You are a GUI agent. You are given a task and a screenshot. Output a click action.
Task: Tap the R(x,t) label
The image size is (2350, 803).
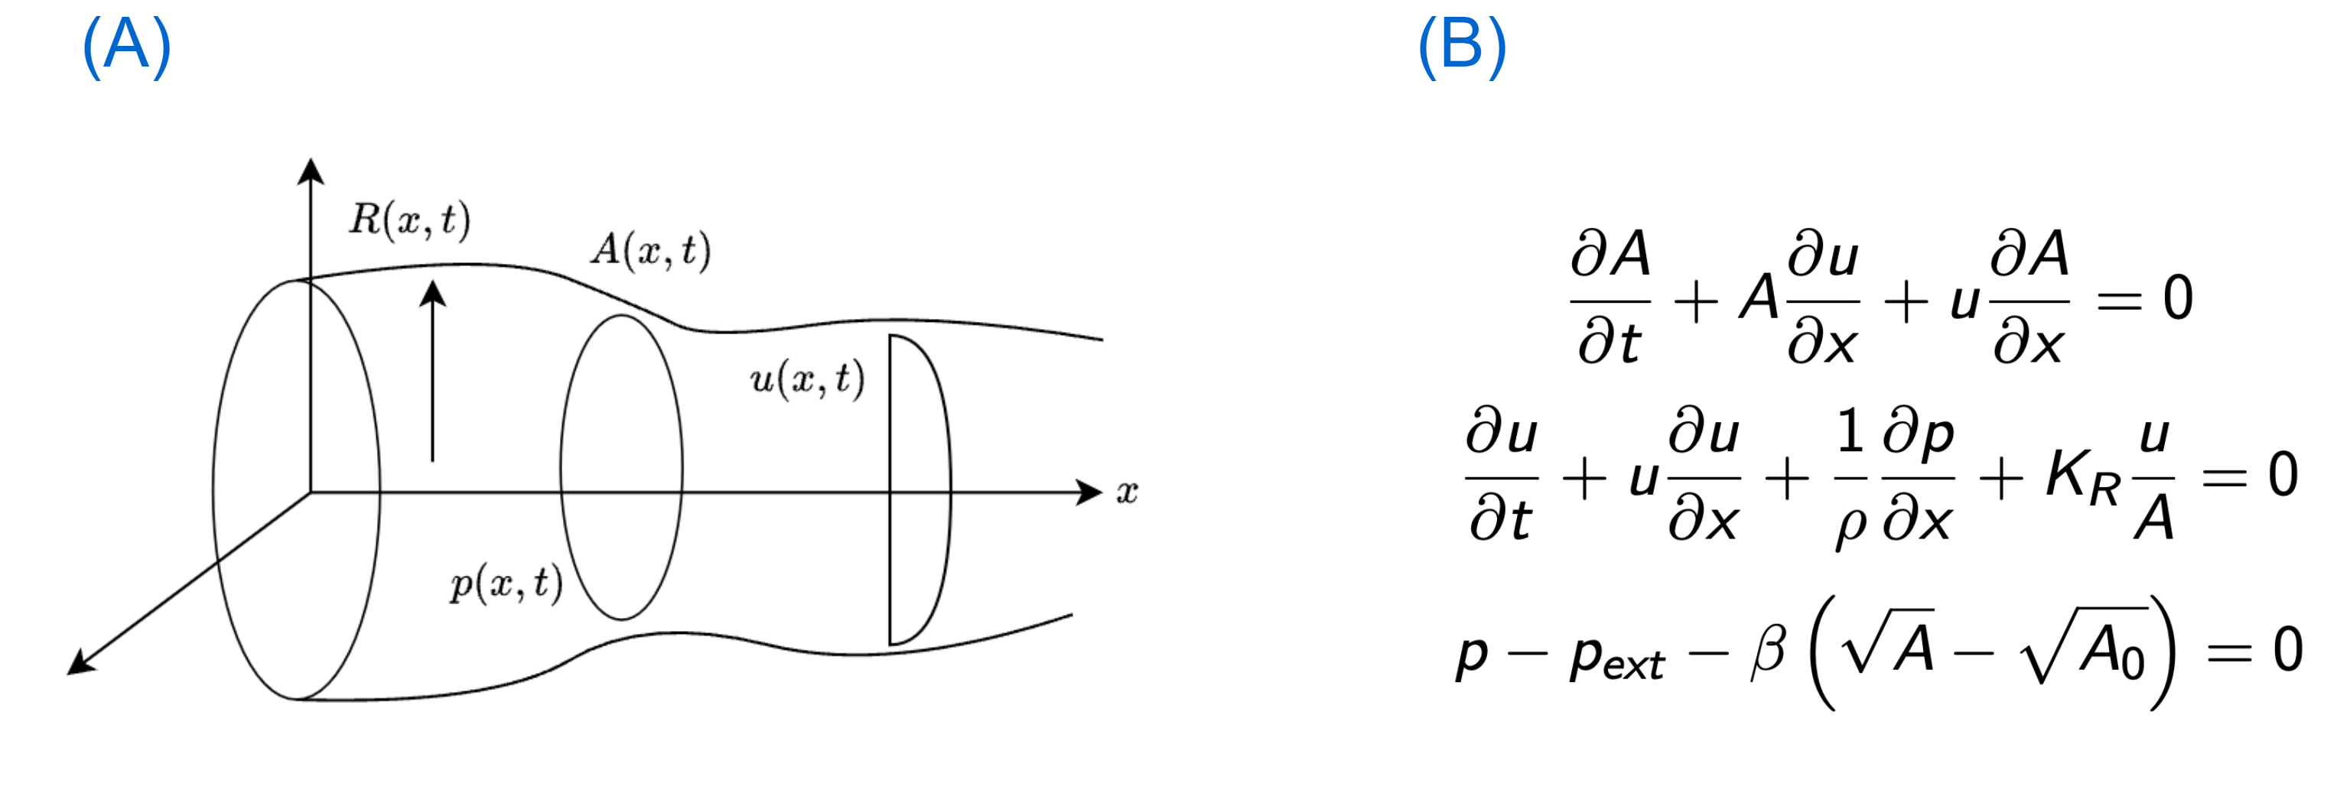click(x=409, y=220)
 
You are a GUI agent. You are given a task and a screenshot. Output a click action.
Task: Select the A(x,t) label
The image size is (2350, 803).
click(x=650, y=250)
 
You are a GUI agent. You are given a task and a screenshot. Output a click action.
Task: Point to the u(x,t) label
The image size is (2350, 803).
click(x=807, y=379)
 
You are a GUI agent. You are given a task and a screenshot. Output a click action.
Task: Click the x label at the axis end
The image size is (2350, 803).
click(x=1128, y=493)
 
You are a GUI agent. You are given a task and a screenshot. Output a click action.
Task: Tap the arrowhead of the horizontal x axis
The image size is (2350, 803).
click(x=1089, y=492)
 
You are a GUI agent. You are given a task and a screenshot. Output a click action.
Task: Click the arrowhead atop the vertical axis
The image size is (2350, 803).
click(x=311, y=171)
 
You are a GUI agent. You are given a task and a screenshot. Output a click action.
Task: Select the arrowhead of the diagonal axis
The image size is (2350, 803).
click(x=80, y=662)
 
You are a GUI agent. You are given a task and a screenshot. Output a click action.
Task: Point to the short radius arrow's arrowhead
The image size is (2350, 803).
click(x=432, y=293)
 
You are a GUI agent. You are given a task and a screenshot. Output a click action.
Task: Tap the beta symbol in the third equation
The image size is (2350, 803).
click(x=1768, y=652)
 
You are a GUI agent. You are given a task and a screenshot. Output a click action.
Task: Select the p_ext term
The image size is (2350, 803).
click(x=1617, y=657)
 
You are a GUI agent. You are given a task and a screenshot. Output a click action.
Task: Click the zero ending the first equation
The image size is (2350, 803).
click(x=2178, y=298)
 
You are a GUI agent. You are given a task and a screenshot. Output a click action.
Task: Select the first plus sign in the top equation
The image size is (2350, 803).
click(x=1696, y=302)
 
